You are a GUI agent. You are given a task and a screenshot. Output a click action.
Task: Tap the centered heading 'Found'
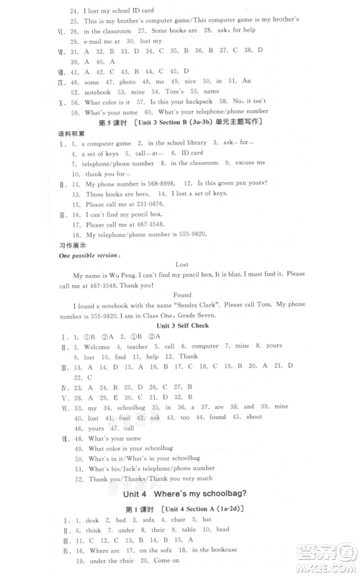pos(181,294)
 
